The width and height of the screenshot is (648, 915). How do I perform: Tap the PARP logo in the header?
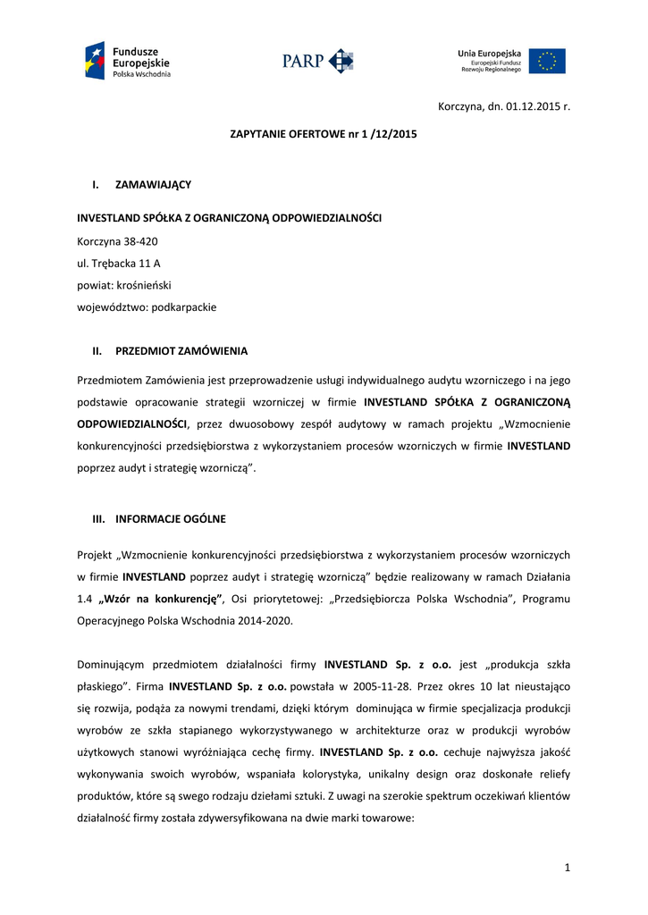coord(318,61)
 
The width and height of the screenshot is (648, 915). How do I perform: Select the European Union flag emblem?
coord(547,61)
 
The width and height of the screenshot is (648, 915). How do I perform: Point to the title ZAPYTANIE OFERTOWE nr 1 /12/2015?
coord(324,134)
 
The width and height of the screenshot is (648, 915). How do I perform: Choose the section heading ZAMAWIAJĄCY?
coord(153,185)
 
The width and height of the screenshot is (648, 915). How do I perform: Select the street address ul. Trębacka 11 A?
coord(119,263)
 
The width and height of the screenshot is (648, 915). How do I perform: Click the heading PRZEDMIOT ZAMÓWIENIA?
coord(181,351)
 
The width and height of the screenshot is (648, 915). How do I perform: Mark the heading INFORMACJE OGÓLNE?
coord(171,518)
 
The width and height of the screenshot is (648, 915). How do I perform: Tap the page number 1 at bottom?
coord(567,866)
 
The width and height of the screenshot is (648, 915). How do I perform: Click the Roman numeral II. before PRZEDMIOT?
coord(97,351)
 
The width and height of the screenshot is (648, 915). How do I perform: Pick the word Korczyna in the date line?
coord(459,106)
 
